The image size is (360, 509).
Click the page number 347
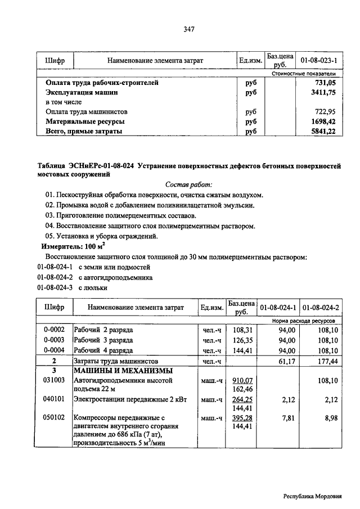[x=188, y=30]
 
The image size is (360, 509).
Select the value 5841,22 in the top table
[x=323, y=131]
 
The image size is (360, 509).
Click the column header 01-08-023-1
[x=318, y=60]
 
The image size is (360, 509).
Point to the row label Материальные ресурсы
[x=85, y=121]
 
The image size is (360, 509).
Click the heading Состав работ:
[x=189, y=184]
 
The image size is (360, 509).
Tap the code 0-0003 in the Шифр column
[x=54, y=340]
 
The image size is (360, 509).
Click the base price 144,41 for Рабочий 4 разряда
[x=240, y=350]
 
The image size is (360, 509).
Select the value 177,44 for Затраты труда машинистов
[x=327, y=361]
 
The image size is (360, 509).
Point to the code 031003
[x=54, y=381]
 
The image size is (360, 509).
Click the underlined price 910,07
[x=242, y=381]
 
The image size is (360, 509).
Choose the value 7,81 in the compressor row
[x=287, y=418]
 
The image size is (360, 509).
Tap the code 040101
[x=54, y=399]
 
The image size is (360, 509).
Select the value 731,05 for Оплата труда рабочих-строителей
[x=325, y=82]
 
